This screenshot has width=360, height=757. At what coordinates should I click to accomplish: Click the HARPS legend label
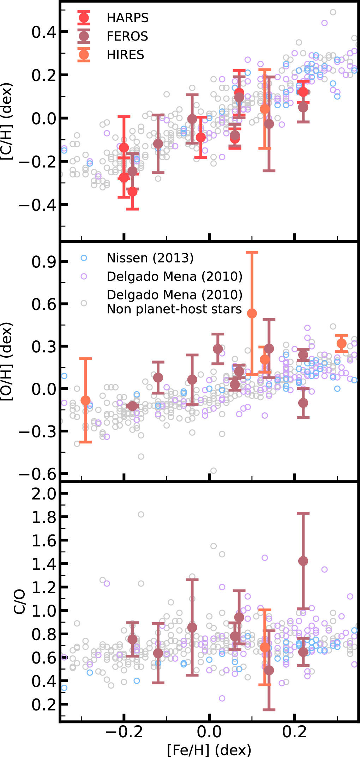[x=127, y=18]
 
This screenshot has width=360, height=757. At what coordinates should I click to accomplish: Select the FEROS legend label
[x=127, y=36]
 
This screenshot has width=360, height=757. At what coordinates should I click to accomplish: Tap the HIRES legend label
[x=125, y=55]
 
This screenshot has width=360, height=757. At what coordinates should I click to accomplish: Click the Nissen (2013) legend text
[x=150, y=258]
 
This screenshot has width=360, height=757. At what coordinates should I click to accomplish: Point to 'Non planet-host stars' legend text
[x=174, y=309]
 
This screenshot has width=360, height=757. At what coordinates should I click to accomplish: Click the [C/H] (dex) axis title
[x=7, y=122]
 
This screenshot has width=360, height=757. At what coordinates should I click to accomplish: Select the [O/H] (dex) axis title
[x=7, y=362]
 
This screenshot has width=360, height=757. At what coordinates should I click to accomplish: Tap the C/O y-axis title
[x=19, y=601]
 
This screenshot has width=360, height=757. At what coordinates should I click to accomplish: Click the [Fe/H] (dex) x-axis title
[x=209, y=750]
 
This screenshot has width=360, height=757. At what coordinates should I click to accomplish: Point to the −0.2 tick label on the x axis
[x=124, y=732]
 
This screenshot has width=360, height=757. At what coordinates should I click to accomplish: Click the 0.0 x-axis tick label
[x=209, y=732]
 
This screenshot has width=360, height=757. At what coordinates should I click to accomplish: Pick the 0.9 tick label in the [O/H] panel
[x=44, y=262]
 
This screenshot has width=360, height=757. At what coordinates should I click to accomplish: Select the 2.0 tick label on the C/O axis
[x=44, y=494]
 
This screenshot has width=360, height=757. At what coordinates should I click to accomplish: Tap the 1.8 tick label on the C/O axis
[x=44, y=517]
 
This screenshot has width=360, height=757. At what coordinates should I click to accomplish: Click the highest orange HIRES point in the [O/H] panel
[x=252, y=313]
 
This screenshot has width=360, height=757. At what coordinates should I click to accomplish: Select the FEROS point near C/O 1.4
[x=303, y=561]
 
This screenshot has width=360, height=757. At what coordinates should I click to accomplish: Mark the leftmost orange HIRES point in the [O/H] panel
[x=85, y=400]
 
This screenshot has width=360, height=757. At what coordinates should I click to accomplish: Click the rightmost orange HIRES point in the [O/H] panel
[x=341, y=343]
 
